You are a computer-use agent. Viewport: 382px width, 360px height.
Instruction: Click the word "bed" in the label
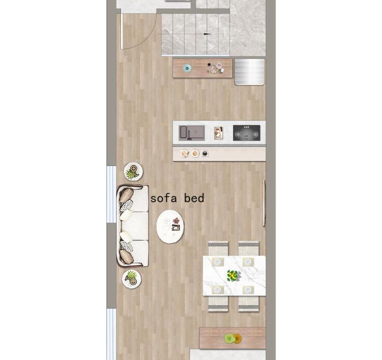(x=194, y=198)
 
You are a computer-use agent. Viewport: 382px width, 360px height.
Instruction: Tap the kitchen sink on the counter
(x=191, y=133)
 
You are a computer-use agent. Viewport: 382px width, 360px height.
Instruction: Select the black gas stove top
(x=246, y=133)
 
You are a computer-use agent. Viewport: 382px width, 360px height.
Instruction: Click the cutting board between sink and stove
(x=218, y=133)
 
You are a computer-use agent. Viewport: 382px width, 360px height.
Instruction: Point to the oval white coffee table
(x=170, y=226)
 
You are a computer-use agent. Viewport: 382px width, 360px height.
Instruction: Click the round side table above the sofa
(x=133, y=171)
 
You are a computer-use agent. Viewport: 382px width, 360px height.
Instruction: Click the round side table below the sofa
(x=132, y=279)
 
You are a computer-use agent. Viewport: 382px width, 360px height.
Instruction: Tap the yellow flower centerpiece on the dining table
(x=233, y=275)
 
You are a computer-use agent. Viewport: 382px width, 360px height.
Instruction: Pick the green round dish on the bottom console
(x=229, y=338)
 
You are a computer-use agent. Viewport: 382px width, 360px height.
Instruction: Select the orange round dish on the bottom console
(x=237, y=338)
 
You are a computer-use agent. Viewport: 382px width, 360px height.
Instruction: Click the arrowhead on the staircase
(x=207, y=34)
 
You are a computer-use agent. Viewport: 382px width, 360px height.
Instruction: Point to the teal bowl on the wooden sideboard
(x=187, y=68)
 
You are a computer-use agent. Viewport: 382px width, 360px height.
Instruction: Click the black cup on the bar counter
(x=205, y=153)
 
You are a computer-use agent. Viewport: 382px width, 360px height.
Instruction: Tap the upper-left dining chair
(x=218, y=248)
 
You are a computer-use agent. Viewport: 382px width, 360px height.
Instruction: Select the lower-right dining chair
(x=248, y=303)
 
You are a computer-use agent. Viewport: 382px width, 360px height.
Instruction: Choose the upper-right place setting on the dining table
(x=248, y=262)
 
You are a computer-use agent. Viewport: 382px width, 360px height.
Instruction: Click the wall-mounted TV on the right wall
(x=264, y=203)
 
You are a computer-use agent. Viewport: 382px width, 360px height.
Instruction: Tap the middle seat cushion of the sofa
(x=135, y=226)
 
